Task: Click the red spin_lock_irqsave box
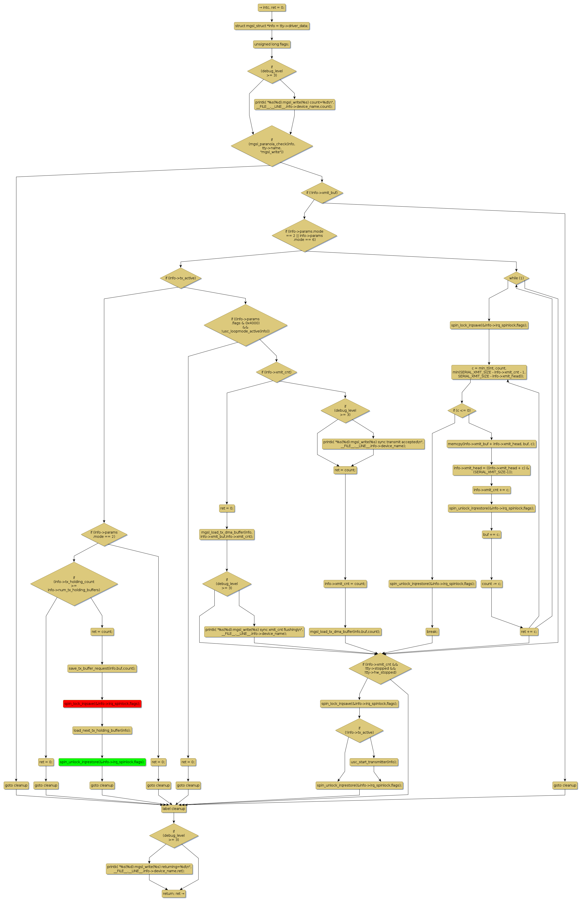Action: click(102, 704)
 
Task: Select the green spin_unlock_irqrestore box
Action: click(102, 762)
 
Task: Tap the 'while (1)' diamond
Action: click(516, 278)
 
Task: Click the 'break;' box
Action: click(432, 631)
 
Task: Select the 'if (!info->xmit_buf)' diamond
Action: click(322, 193)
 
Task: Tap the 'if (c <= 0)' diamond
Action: click(462, 411)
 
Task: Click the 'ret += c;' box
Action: click(529, 631)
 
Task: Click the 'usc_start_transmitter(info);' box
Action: click(374, 762)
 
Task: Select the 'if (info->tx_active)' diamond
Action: click(181, 278)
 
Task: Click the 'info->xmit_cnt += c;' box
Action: click(491, 490)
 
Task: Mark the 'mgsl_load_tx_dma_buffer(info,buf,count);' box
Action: click(345, 631)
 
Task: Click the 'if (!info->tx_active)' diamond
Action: click(359, 730)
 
